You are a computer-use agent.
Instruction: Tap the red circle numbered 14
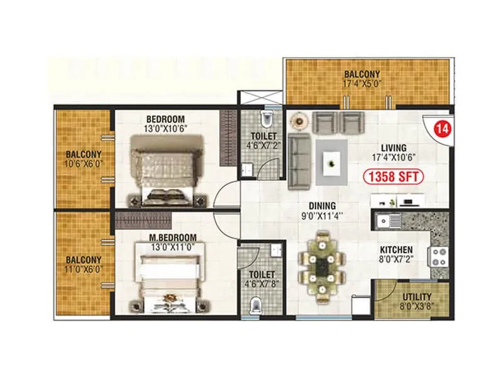[442, 130]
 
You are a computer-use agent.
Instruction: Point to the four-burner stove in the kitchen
[438, 256]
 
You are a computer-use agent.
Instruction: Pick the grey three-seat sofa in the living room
[297, 161]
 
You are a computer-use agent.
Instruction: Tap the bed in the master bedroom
[169, 280]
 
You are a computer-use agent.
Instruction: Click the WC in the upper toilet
[267, 119]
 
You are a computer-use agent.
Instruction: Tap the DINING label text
[321, 205]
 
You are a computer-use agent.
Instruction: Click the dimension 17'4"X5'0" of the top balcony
[363, 82]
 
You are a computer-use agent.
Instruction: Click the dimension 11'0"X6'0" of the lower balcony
[82, 269]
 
